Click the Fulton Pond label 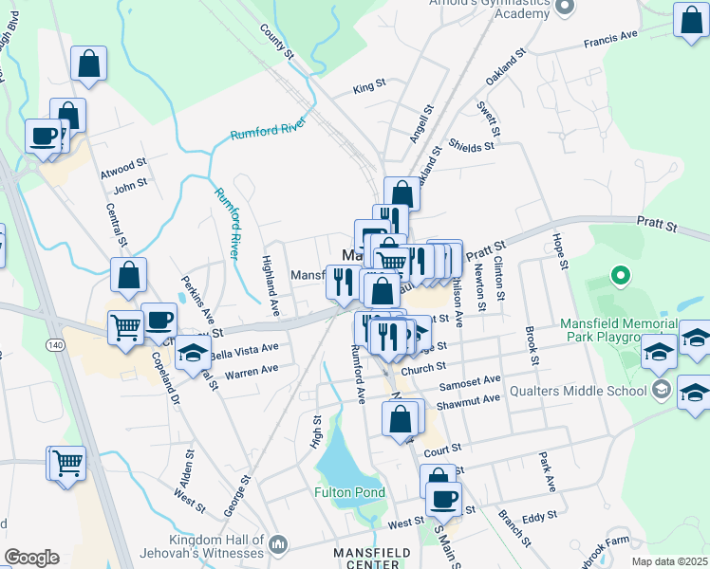pos(350,492)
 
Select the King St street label pos(369,85)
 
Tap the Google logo pos(31,558)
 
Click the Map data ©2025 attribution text pos(668,561)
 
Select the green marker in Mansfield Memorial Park pos(621,277)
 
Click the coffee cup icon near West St pos(442,498)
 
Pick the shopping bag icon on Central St pos(128,276)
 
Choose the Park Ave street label pos(547,470)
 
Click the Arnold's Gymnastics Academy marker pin pos(565,7)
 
